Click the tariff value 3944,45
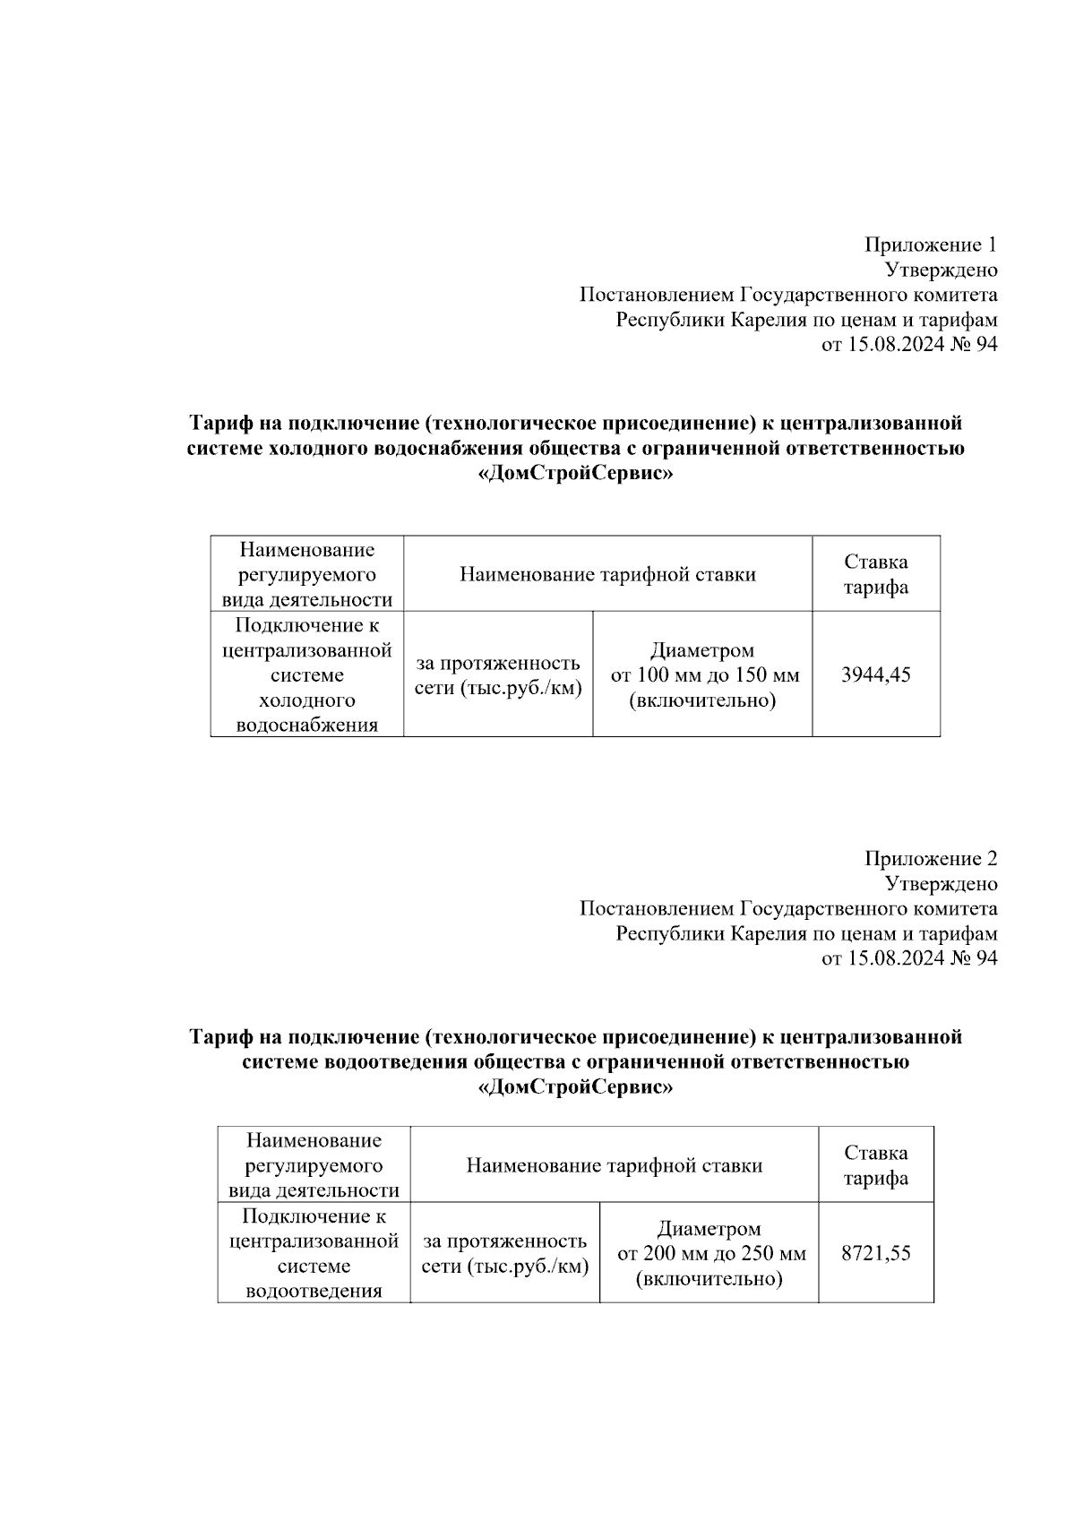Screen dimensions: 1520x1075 [875, 675]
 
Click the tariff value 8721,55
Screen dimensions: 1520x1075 [875, 1253]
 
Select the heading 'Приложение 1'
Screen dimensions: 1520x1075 [930, 245]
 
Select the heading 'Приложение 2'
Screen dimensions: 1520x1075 [930, 859]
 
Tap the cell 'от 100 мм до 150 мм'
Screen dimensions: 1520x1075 [704, 675]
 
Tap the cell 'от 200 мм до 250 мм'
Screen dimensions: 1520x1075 [711, 1253]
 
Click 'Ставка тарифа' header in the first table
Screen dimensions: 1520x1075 [875, 574]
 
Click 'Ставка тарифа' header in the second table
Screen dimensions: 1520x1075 [875, 1165]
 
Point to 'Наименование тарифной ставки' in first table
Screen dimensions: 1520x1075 [607, 574]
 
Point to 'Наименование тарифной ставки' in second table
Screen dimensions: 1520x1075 [615, 1165]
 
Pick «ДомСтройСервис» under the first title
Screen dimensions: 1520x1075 [575, 475]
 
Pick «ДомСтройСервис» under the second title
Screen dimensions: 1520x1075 [575, 1088]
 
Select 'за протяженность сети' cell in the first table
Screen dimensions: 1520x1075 [497, 675]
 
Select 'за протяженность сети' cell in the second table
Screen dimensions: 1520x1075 [504, 1253]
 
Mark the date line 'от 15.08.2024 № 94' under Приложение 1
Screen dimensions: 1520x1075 [908, 345]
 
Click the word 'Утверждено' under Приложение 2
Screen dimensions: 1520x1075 [941, 884]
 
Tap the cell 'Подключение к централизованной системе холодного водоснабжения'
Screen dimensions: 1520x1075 [307, 675]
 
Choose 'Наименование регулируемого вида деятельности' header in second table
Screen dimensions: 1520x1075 [314, 1165]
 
